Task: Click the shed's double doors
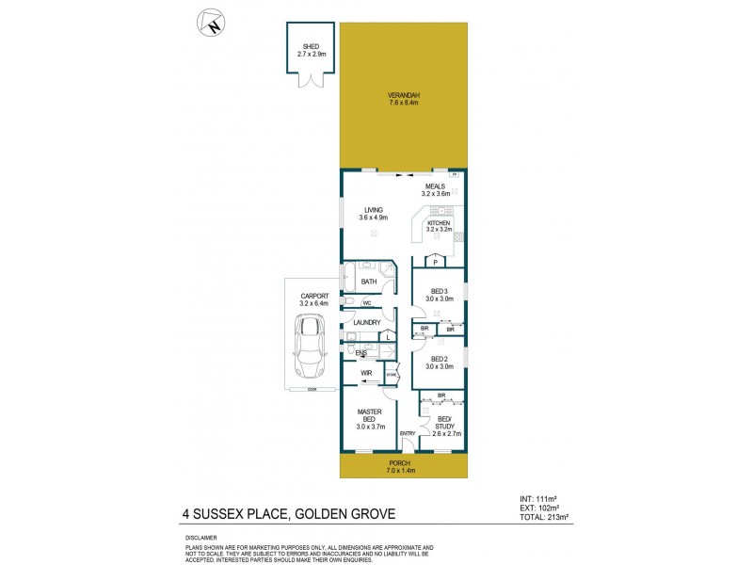[311, 80]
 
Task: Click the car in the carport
[311, 343]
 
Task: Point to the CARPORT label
[312, 296]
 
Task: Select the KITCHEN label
[439, 223]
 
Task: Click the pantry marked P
[436, 262]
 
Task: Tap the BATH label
[369, 281]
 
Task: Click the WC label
[367, 303]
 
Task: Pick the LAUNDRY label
[367, 322]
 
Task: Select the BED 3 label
[440, 291]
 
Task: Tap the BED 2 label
[440, 359]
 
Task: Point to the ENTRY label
[408, 432]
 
